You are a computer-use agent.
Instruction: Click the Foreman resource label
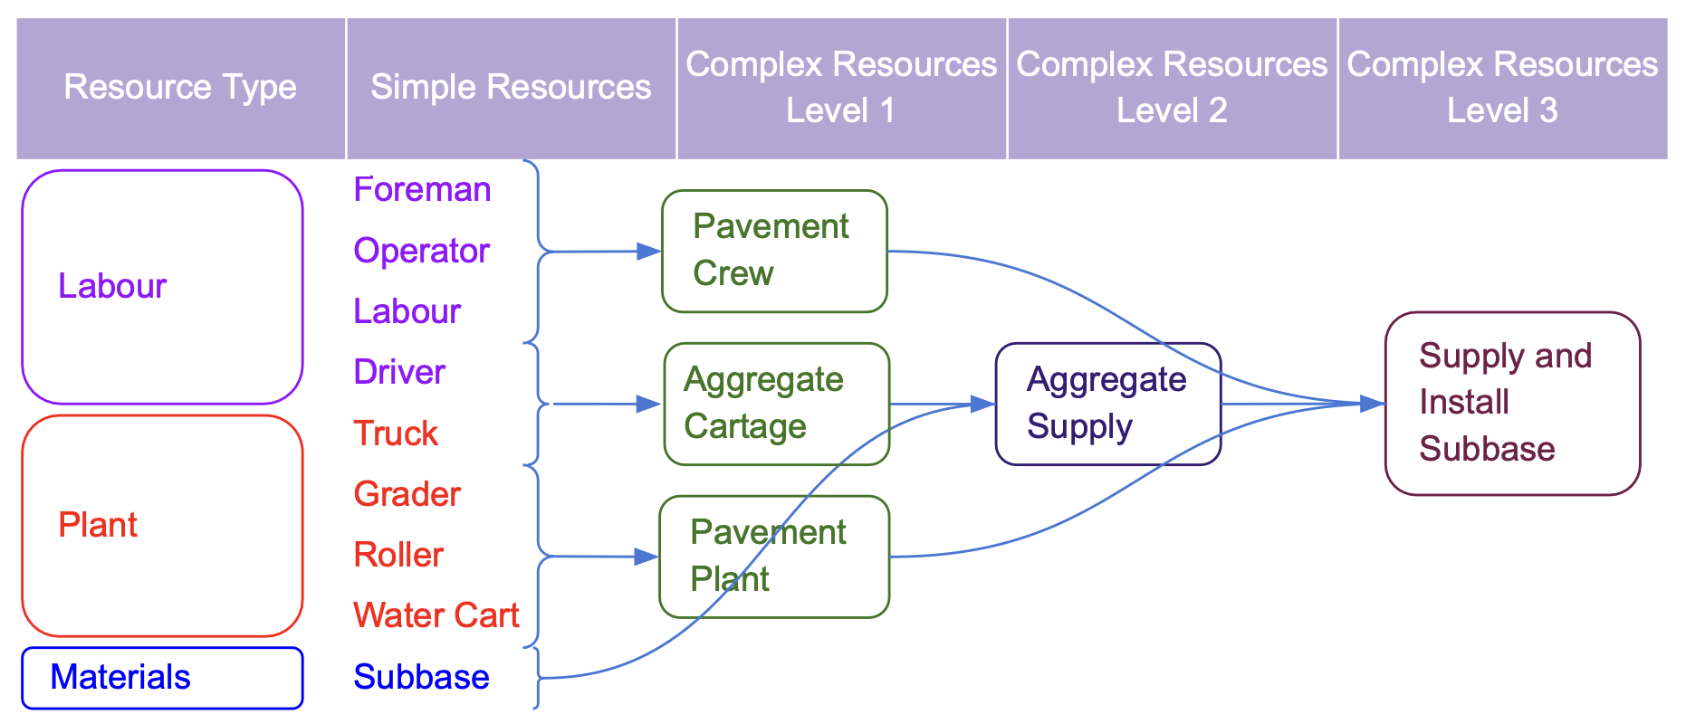click(422, 190)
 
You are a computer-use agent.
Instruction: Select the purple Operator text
click(421, 251)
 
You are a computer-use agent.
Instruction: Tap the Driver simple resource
click(399, 372)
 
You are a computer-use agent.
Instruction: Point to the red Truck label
click(396, 433)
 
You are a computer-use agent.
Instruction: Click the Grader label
click(407, 494)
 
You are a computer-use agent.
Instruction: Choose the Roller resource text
click(398, 555)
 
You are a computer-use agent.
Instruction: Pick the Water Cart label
click(436, 615)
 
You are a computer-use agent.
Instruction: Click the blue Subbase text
click(421, 677)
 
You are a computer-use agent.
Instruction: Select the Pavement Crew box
click(774, 251)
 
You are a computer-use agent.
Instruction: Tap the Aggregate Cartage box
click(776, 404)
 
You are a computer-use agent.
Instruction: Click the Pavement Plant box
click(774, 557)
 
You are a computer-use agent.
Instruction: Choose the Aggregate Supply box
click(1107, 404)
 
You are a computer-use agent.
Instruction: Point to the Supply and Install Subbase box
click(1512, 404)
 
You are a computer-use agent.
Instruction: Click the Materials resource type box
click(162, 677)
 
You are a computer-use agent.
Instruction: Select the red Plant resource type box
click(162, 526)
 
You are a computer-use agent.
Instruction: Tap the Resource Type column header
click(180, 88)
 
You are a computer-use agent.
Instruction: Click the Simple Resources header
click(511, 88)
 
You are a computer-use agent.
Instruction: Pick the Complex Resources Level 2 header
click(1172, 88)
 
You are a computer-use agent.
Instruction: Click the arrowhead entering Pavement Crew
click(649, 251)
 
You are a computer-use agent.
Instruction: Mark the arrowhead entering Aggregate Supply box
click(983, 404)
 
